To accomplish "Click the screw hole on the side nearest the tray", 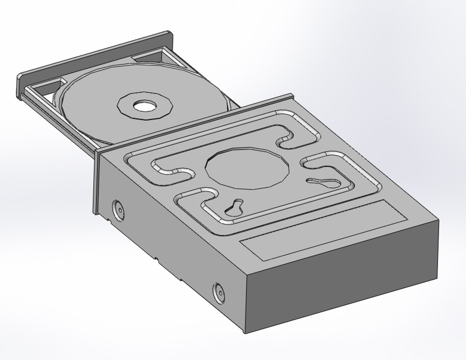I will [118, 210].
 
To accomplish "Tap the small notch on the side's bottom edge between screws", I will [156, 259].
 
